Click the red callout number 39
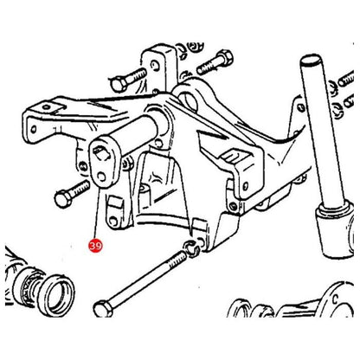click(x=96, y=246)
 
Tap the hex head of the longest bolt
click(x=103, y=309)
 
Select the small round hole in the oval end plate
click(x=101, y=176)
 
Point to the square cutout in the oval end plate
click(x=101, y=152)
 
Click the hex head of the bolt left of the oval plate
click(x=62, y=199)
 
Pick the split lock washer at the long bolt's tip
click(x=192, y=247)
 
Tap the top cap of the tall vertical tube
click(x=311, y=61)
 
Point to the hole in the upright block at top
click(x=155, y=66)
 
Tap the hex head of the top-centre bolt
click(x=224, y=58)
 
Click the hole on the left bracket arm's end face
click(x=34, y=129)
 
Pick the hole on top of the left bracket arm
click(x=47, y=107)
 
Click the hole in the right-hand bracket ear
click(x=246, y=185)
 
